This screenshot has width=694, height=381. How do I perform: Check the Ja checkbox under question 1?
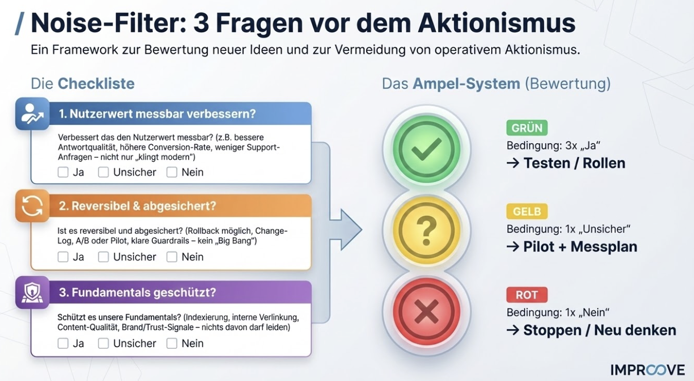coord(63,172)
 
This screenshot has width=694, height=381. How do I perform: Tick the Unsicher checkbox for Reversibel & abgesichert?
coord(103,257)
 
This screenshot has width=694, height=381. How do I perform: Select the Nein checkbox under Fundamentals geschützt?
coord(172,343)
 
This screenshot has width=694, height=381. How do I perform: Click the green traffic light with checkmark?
coord(426,149)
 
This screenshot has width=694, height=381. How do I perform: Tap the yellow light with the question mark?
coord(426,230)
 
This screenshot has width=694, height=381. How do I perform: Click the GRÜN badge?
coord(527,128)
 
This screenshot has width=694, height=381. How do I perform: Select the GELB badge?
coord(527,211)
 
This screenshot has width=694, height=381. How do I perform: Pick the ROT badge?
coord(527,295)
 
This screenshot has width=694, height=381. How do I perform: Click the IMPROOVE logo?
coord(648,369)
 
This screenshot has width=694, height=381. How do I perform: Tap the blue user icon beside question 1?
coord(32,114)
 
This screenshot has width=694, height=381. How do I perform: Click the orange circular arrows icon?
coord(32,206)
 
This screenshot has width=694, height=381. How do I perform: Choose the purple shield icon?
coord(32,292)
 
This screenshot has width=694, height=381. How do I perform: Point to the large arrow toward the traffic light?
coord(348,230)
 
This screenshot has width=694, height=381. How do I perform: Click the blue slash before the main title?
coord(20,24)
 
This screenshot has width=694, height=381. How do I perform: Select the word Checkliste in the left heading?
coord(96,84)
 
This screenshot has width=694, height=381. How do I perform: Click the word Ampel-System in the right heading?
coord(466,84)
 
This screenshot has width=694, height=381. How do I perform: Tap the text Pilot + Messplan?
coord(580,247)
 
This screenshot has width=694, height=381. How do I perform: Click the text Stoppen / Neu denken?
coord(600,331)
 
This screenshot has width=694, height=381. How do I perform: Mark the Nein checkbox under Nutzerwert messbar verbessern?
coord(172,172)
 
